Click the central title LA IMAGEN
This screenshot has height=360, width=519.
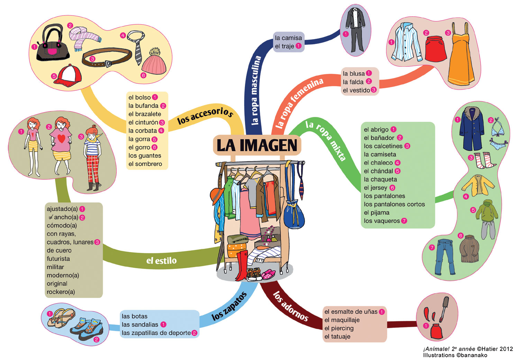click(x=257, y=145)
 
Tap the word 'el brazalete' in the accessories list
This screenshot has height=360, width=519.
click(x=145, y=114)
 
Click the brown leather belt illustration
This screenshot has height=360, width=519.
click(x=107, y=57)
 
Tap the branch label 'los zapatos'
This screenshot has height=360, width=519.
click(x=229, y=306)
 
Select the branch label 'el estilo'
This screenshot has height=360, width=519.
click(x=161, y=260)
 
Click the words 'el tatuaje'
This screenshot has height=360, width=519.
click(x=337, y=336)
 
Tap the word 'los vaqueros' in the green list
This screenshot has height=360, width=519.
click(x=382, y=221)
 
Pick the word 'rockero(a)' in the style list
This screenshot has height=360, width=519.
click(x=61, y=292)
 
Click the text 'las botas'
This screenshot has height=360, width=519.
click(x=135, y=316)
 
